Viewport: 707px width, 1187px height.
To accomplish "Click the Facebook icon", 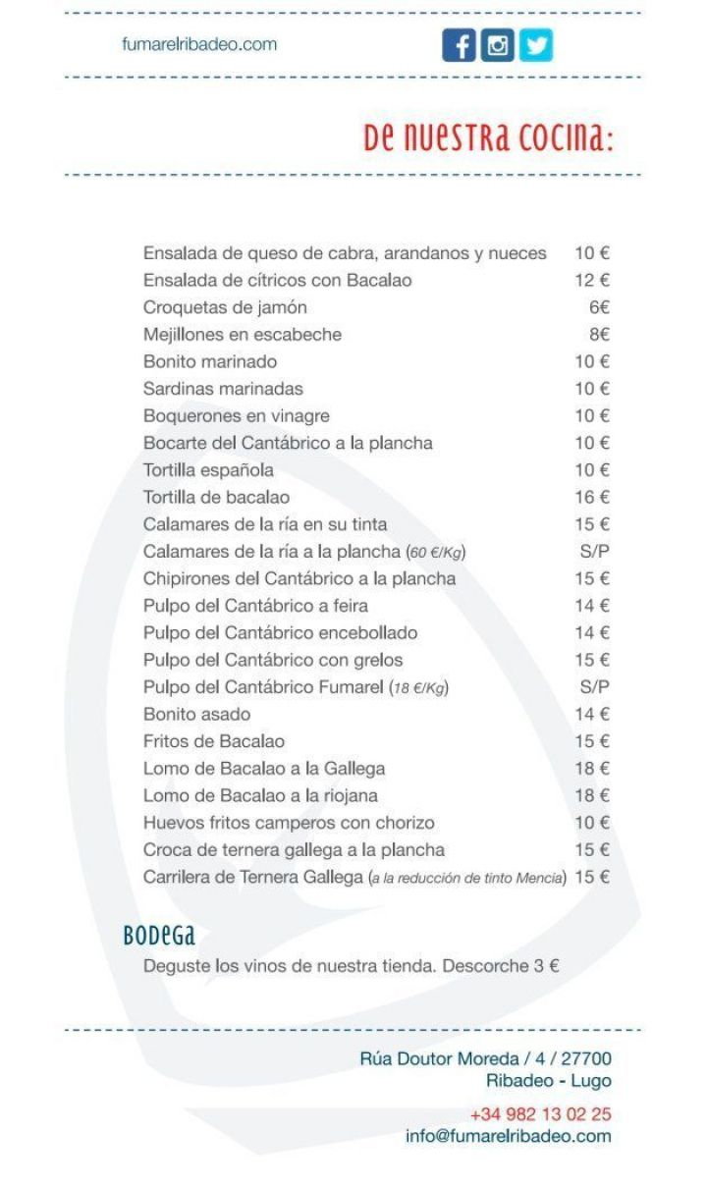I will (459, 45).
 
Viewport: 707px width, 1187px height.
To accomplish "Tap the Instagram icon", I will (498, 45).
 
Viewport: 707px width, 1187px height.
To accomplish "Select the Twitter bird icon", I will (535, 45).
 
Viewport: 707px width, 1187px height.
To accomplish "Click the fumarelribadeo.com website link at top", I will (199, 44).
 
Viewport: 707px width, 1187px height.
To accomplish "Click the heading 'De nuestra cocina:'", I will (488, 138).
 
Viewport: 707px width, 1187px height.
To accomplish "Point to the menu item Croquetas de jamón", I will (225, 307).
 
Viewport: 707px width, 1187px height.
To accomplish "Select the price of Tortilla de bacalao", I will (592, 497).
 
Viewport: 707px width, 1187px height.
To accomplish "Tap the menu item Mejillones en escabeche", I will (243, 334).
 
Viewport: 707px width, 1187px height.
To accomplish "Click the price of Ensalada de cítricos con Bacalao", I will (592, 280).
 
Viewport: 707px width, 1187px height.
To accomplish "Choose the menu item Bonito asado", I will (196, 714).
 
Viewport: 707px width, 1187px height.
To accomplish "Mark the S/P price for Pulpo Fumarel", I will (594, 686).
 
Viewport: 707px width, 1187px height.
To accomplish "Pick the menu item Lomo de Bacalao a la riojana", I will (260, 795).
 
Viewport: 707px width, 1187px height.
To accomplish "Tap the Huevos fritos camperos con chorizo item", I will (289, 822).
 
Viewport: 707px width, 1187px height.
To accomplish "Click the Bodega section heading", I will (159, 935).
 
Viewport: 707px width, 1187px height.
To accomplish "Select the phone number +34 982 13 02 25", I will (540, 1114).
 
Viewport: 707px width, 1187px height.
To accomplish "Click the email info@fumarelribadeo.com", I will (508, 1136).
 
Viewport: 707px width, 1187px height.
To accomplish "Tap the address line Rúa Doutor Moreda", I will (485, 1058).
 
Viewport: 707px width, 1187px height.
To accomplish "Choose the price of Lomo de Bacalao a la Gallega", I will (592, 768).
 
